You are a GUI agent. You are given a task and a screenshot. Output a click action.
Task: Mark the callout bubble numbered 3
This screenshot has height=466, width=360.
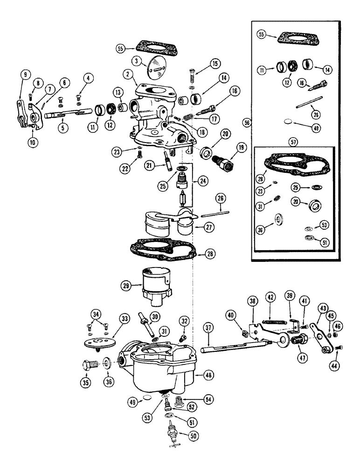[123, 61]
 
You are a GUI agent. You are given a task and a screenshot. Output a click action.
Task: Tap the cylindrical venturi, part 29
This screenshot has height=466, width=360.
[156, 283]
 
